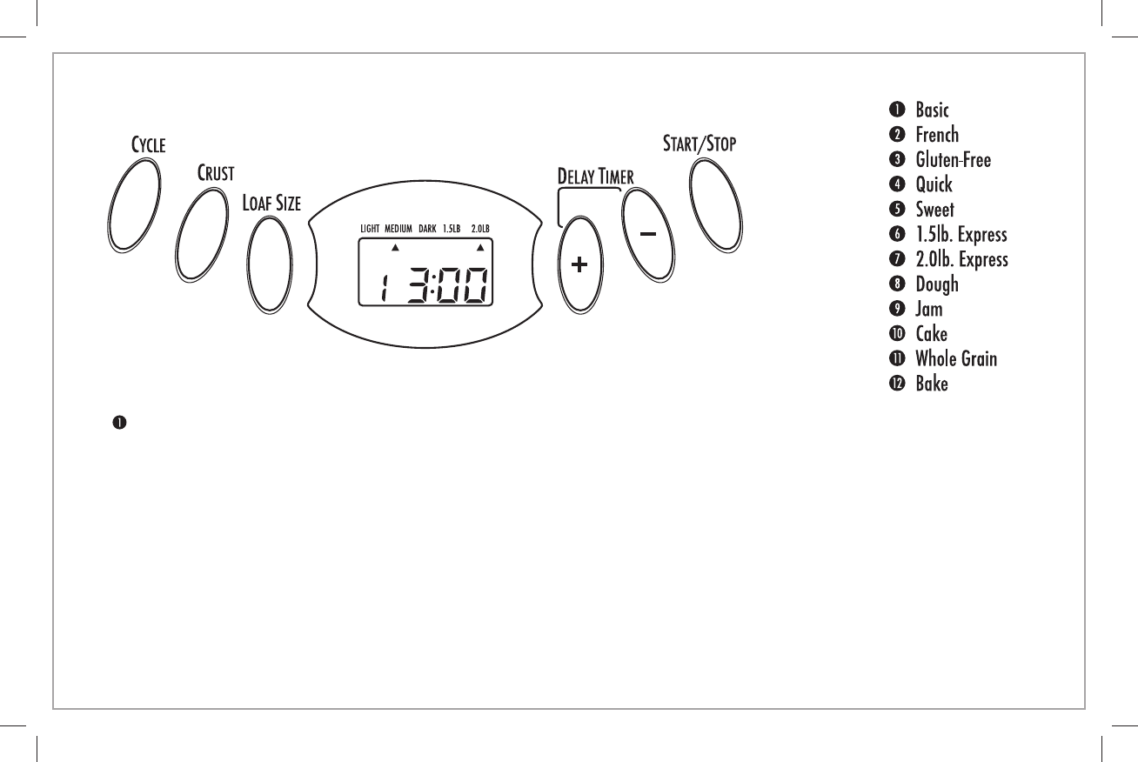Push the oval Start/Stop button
[716, 206]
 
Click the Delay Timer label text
[595, 176]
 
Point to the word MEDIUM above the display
[398, 229]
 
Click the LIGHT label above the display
[370, 229]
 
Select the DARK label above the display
[427, 229]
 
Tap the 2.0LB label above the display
[480, 229]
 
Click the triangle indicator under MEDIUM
[394, 247]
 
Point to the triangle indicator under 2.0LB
[479, 247]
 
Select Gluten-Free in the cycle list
[953, 159]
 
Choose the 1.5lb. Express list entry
[961, 235]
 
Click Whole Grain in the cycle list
[956, 358]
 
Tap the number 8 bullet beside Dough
[895, 284]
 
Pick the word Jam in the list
[928, 309]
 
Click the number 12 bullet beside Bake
[895, 384]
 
